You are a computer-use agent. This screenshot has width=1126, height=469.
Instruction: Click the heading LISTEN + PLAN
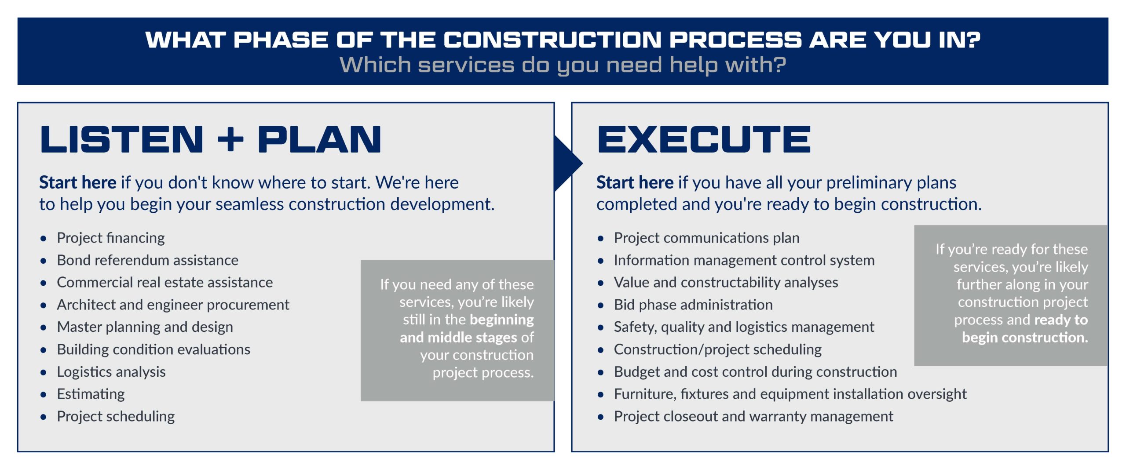[210, 139]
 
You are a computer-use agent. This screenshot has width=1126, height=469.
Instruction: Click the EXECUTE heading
[703, 139]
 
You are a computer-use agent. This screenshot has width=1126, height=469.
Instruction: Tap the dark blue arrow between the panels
[569, 164]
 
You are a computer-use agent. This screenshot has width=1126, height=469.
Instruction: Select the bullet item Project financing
[111, 238]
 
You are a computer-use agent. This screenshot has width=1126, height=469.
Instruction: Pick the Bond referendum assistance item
[148, 260]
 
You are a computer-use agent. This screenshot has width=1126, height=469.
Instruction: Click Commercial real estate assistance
[165, 282]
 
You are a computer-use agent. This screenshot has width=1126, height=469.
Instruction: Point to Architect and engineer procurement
[173, 305]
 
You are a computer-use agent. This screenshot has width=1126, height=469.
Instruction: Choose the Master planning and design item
[145, 327]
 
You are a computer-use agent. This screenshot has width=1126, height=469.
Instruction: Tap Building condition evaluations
[154, 349]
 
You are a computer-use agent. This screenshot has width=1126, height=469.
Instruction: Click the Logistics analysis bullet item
[111, 372]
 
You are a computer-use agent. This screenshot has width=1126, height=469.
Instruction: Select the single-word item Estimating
[91, 394]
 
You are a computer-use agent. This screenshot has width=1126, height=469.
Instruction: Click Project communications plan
[707, 238]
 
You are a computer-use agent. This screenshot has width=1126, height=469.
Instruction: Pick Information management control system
[744, 261]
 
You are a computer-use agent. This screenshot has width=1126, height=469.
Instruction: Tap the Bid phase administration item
[693, 305]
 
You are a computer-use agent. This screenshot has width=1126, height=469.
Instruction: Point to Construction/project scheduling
[718, 350]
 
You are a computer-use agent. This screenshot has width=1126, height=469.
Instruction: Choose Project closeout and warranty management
[753, 417]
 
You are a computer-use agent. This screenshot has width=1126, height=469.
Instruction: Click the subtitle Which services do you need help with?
[563, 65]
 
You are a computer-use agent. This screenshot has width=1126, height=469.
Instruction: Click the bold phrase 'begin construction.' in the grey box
[1025, 338]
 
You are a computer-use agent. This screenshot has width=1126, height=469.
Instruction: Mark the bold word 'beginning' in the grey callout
[501, 320]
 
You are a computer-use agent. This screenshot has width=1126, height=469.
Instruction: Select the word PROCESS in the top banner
[736, 40]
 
